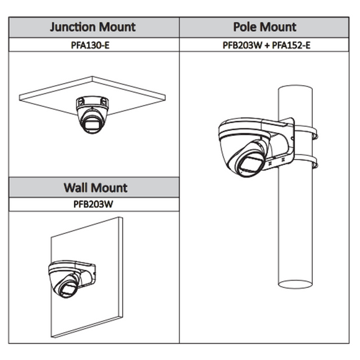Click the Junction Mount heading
tap(92, 27)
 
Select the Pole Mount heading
tap(264, 27)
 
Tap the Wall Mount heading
tap(96, 187)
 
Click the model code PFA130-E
tap(90, 45)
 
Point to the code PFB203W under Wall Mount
tap(93, 204)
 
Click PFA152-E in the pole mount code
tap(291, 45)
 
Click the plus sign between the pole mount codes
tap(266, 45)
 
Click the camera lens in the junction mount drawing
tap(92, 124)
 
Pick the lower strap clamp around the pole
tap(305, 161)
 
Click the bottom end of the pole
tap(295, 284)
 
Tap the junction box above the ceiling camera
tap(92, 102)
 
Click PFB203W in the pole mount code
tap(242, 45)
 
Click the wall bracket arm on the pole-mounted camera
tap(279, 142)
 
